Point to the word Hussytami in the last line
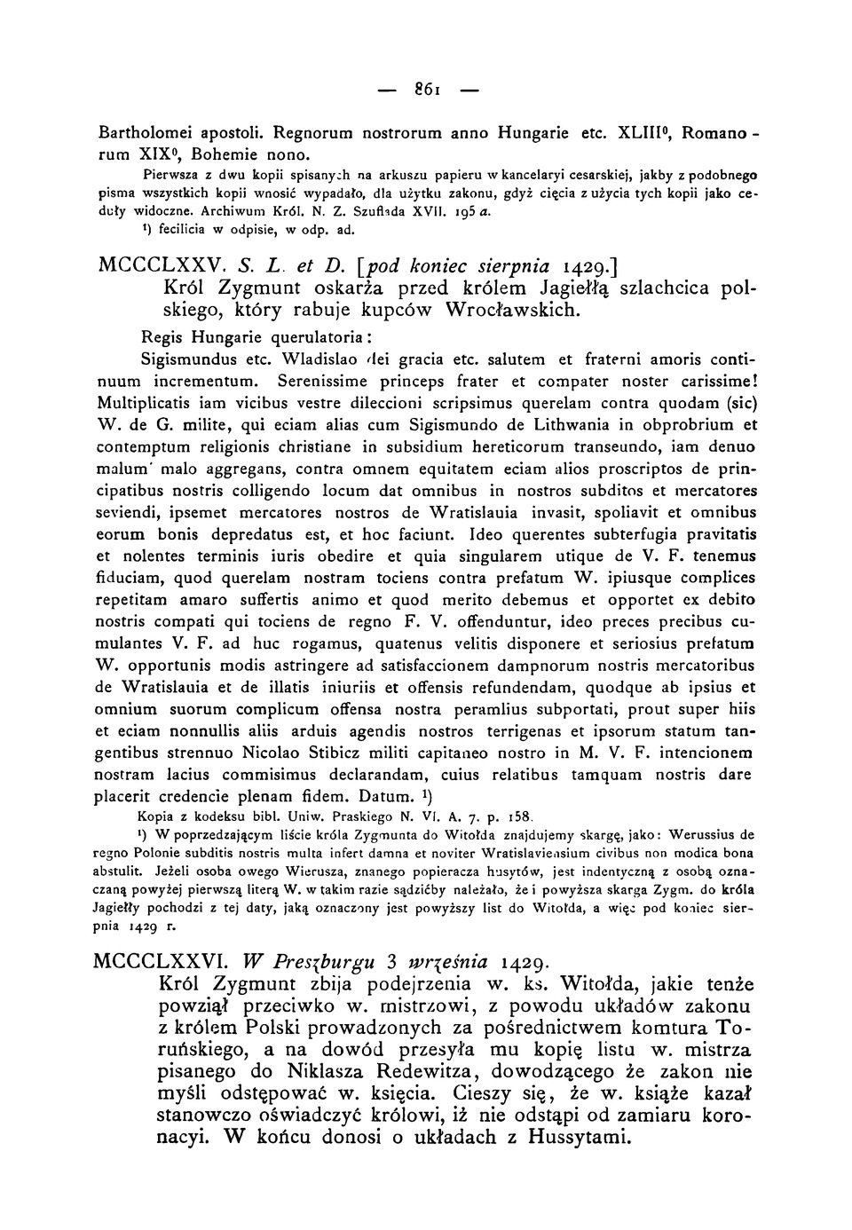pyautogui.click(x=569, y=1138)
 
